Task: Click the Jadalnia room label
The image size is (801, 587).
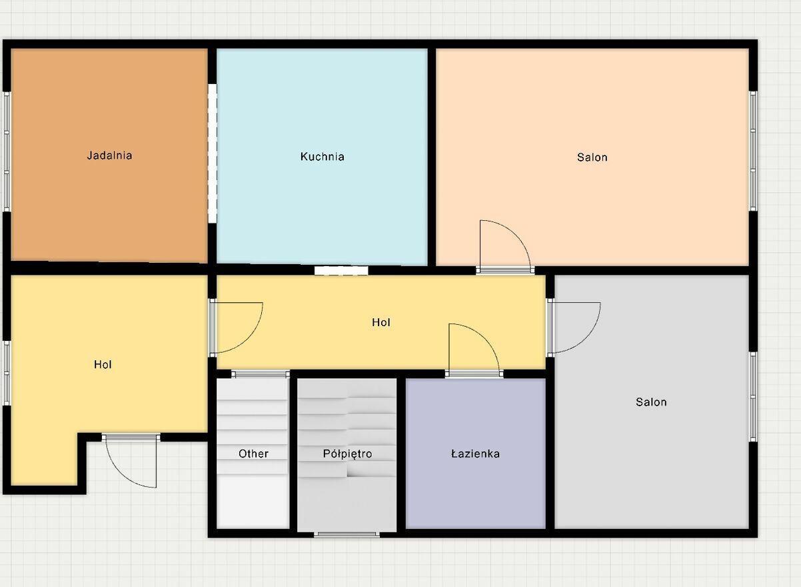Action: (x=109, y=155)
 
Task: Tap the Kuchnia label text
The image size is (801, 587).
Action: (x=322, y=156)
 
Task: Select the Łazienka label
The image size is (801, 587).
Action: (x=475, y=454)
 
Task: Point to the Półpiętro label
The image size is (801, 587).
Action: (x=347, y=454)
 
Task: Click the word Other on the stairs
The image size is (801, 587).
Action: (x=253, y=454)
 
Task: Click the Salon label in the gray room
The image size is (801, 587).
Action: (x=651, y=402)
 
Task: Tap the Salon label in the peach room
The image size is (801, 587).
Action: (x=592, y=157)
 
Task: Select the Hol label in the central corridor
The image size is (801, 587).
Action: (x=381, y=322)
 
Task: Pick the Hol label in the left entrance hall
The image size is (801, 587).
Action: (x=103, y=364)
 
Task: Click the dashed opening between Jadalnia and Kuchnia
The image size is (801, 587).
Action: (x=213, y=153)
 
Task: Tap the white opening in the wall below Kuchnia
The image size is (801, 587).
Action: (x=341, y=271)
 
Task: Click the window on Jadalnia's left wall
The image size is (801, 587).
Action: (x=7, y=152)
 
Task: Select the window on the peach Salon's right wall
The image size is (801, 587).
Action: (x=753, y=151)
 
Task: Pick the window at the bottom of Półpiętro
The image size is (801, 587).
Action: (x=347, y=534)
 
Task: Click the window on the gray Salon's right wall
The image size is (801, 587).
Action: (x=753, y=397)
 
